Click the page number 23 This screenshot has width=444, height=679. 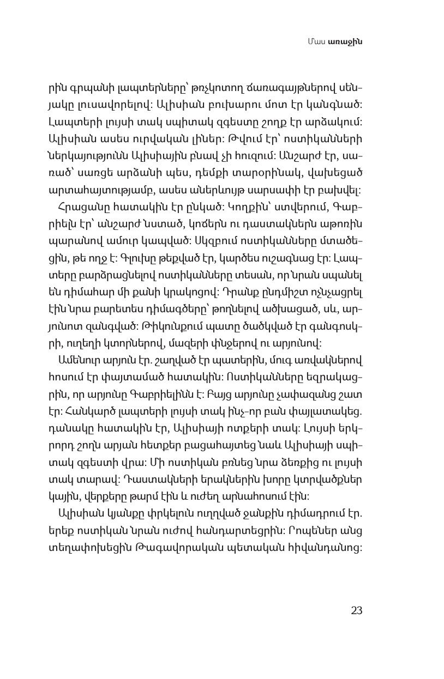click(x=356, y=610)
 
